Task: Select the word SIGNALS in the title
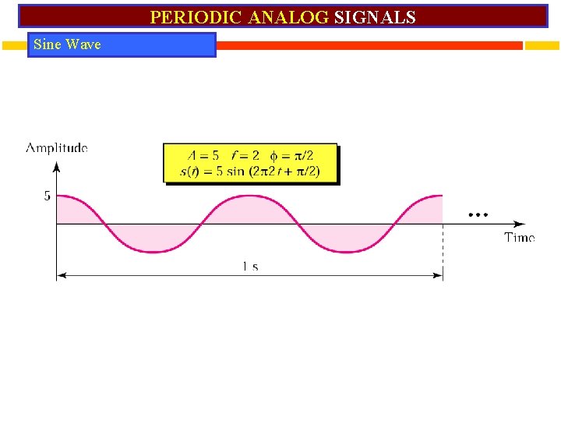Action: [x=375, y=17]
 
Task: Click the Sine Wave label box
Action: [x=123, y=44]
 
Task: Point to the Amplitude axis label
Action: [x=57, y=147]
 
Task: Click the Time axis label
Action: [x=519, y=237]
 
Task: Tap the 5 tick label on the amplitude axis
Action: [x=47, y=196]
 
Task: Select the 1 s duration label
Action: [x=250, y=267]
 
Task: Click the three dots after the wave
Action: [x=477, y=214]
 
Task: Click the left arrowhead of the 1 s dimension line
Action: [x=61, y=274]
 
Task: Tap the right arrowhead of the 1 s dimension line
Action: [x=439, y=274]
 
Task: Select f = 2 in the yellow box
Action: [x=245, y=156]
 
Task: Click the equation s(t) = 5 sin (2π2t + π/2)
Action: [x=249, y=172]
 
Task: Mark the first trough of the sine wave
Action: [x=153, y=251]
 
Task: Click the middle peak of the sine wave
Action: [x=249, y=196]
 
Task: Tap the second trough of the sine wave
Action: [x=346, y=251]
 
